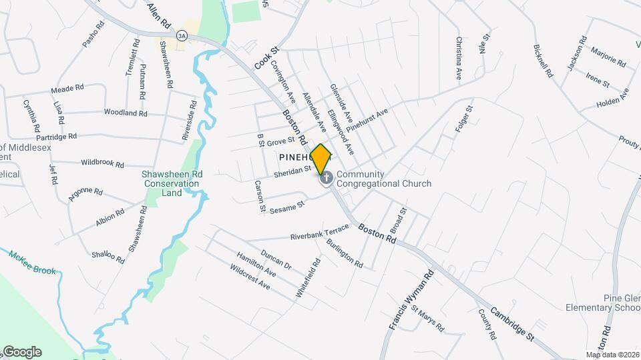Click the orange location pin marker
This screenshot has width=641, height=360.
click(321, 159)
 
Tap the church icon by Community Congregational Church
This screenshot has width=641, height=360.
click(327, 179)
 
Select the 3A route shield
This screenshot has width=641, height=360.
click(182, 36)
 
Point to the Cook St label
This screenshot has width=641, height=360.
click(265, 58)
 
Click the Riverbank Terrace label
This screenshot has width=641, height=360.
click(319, 233)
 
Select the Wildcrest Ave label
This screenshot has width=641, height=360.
click(250, 277)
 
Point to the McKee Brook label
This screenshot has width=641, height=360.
click(33, 263)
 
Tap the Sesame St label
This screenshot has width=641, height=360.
click(288, 205)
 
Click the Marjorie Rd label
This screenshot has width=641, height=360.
click(607, 59)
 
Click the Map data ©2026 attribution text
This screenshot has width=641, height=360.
click(612, 355)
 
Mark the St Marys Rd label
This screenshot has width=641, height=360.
click(427, 319)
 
